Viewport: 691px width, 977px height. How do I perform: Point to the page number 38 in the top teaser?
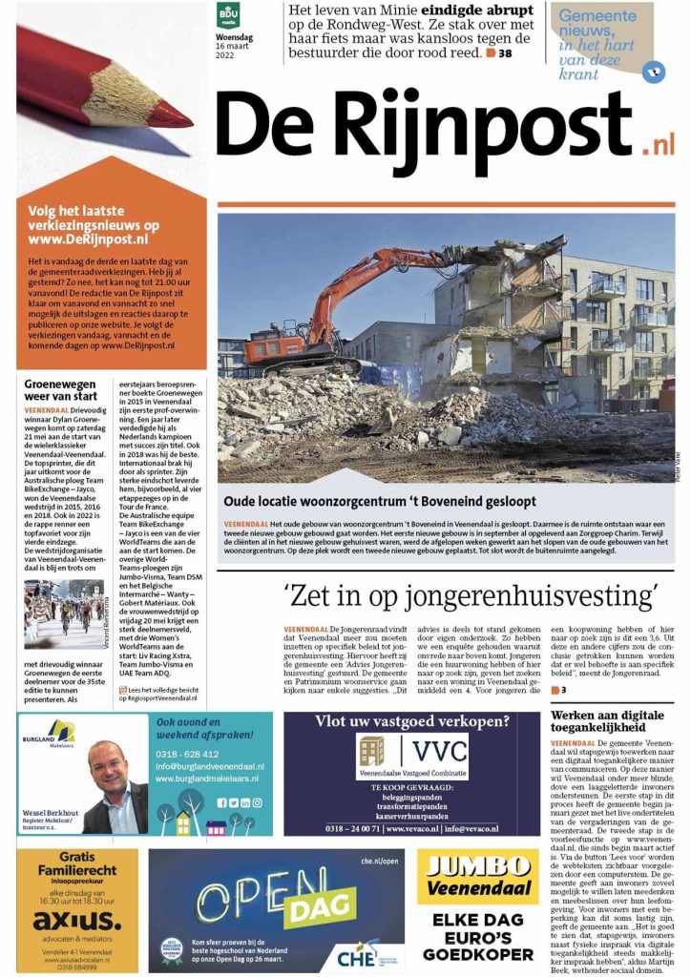click(x=505, y=54)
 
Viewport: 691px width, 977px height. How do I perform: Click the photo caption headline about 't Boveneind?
click(x=379, y=501)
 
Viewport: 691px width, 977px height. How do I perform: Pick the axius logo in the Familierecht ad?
click(x=76, y=922)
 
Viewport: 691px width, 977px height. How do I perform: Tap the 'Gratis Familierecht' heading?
click(x=76, y=864)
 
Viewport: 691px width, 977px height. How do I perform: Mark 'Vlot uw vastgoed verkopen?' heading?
click(x=412, y=720)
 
